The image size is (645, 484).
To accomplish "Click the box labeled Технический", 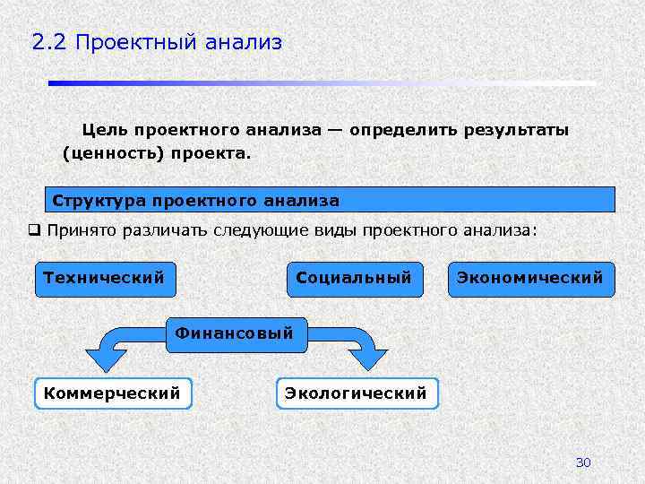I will click(104, 278).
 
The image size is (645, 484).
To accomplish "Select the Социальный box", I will click(354, 278).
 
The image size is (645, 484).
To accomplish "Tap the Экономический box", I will click(530, 278).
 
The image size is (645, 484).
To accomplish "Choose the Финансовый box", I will click(234, 333).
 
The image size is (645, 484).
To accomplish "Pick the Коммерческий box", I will click(112, 393).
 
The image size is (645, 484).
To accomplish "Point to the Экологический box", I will click(356, 393).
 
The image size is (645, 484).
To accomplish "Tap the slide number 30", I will click(583, 462).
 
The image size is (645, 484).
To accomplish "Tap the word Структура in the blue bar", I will click(99, 199).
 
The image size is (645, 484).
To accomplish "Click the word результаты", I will click(515, 130).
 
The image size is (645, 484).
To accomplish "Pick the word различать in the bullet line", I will click(162, 229).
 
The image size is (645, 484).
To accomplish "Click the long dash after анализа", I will click(334, 130).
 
